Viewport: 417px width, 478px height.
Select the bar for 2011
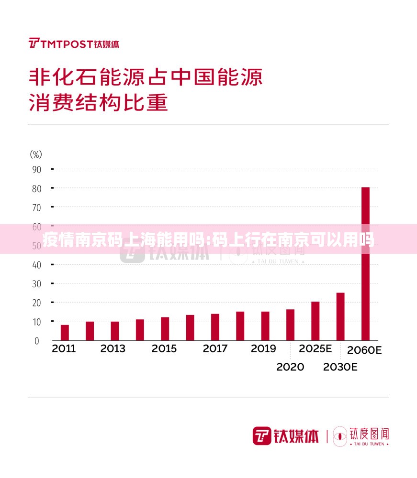(x=65, y=333)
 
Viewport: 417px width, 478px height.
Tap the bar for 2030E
(x=340, y=316)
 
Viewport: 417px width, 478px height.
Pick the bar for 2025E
(x=316, y=321)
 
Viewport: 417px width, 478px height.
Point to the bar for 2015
(x=165, y=328)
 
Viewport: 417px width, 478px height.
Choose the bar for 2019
(x=265, y=326)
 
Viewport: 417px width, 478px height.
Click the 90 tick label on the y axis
(x=36, y=169)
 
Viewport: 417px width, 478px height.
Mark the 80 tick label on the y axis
(x=36, y=188)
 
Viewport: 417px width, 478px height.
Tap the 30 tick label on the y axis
(x=36, y=283)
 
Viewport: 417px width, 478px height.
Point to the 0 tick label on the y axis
(x=37, y=341)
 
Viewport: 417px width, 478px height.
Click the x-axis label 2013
(x=113, y=349)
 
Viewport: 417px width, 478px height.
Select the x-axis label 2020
(x=290, y=367)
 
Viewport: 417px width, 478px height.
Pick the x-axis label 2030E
(x=340, y=367)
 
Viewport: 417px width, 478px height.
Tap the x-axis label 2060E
(x=364, y=350)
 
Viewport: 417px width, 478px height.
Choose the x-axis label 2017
(x=215, y=349)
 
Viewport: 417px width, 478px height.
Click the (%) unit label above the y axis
(x=36, y=154)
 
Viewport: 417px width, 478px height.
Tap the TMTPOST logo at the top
(x=74, y=43)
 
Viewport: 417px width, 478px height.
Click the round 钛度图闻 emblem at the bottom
(x=340, y=435)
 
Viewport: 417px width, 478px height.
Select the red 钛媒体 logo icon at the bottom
(x=262, y=435)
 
